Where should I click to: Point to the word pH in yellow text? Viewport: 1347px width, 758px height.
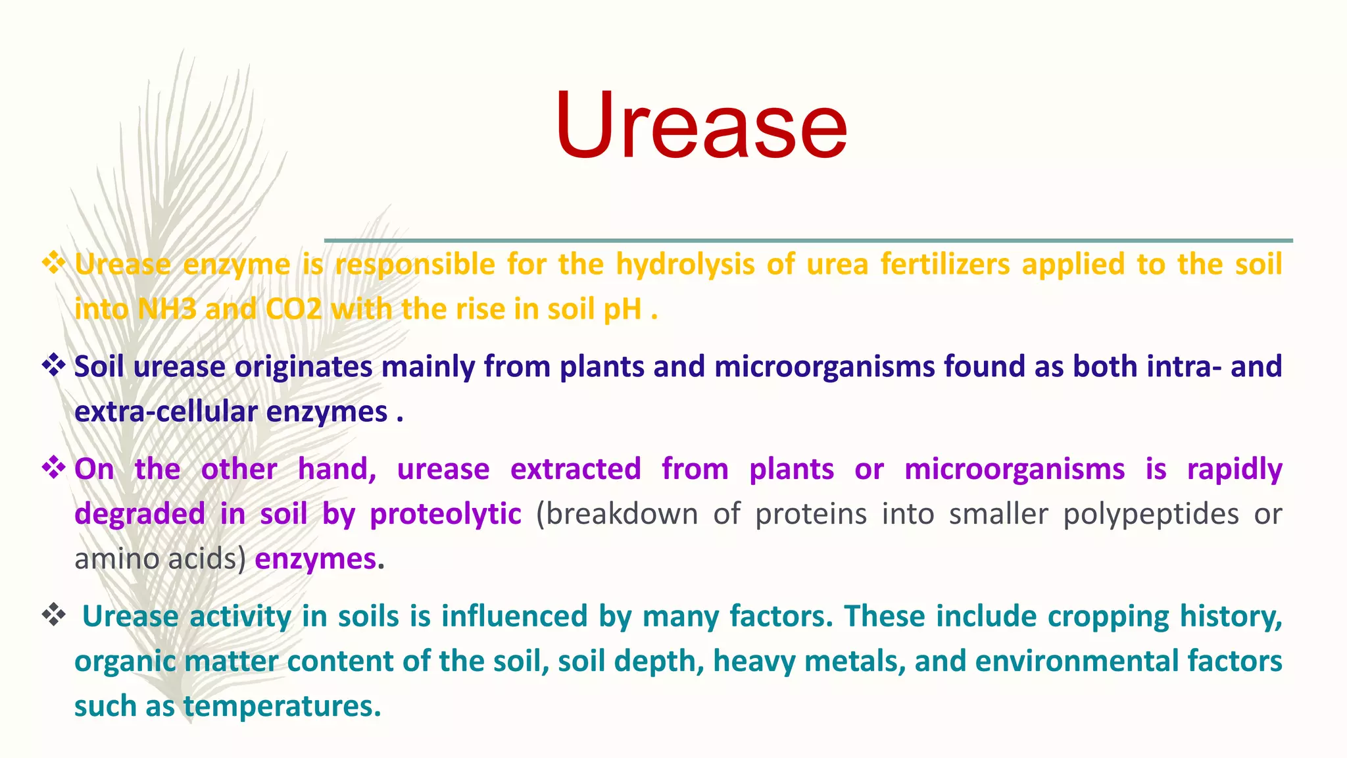tap(622, 309)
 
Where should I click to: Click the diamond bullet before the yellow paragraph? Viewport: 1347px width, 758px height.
tap(54, 264)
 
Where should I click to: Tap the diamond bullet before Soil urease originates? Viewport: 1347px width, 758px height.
tap(54, 366)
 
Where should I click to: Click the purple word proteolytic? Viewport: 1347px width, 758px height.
tap(445, 514)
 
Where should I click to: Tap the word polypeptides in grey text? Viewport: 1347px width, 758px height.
tap(1151, 514)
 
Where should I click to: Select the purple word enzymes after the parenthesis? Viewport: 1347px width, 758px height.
tap(316, 559)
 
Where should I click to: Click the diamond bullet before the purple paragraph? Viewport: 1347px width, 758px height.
tap(54, 468)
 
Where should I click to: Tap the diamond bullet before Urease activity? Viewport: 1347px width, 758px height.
tap(54, 616)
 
